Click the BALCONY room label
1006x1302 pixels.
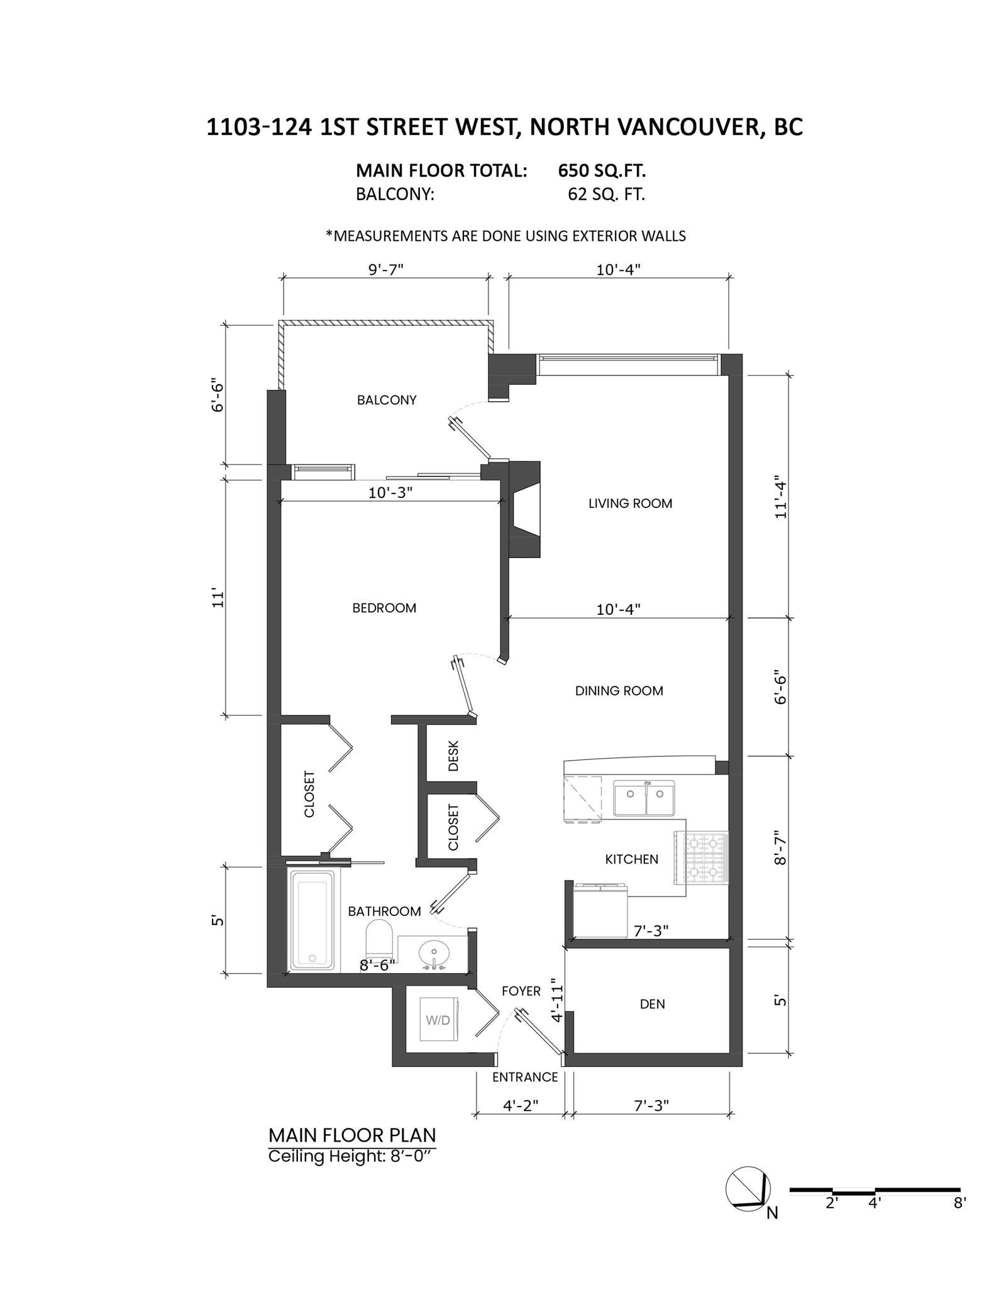pos(387,400)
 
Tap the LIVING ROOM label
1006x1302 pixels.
pos(630,503)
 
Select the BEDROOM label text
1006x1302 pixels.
pos(384,608)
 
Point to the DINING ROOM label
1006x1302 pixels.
pos(619,691)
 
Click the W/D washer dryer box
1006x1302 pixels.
pos(438,1020)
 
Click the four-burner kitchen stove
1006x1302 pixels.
pos(705,857)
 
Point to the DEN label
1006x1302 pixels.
pos(652,1004)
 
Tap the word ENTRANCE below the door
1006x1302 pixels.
pos(525,1077)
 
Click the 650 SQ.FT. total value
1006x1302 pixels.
pos(602,170)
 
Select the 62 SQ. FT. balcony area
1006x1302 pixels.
pos(606,194)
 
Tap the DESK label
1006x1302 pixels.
pos(454,756)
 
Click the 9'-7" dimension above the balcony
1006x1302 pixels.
pos(385,270)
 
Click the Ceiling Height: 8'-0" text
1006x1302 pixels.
pos(351,1156)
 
